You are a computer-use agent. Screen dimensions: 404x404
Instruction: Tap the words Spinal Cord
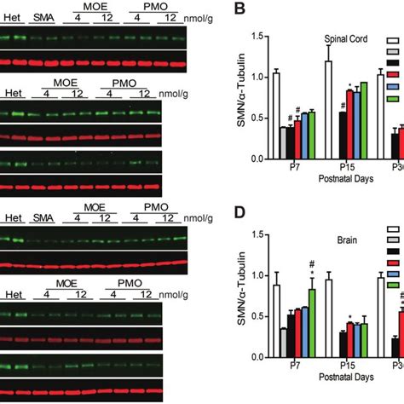334,38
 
